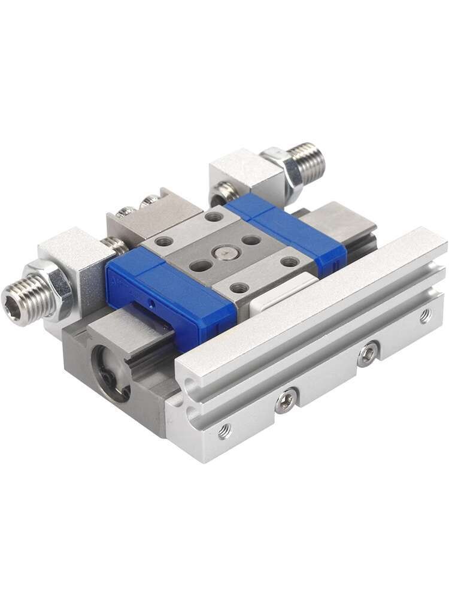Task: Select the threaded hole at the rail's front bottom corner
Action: tap(224, 430)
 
